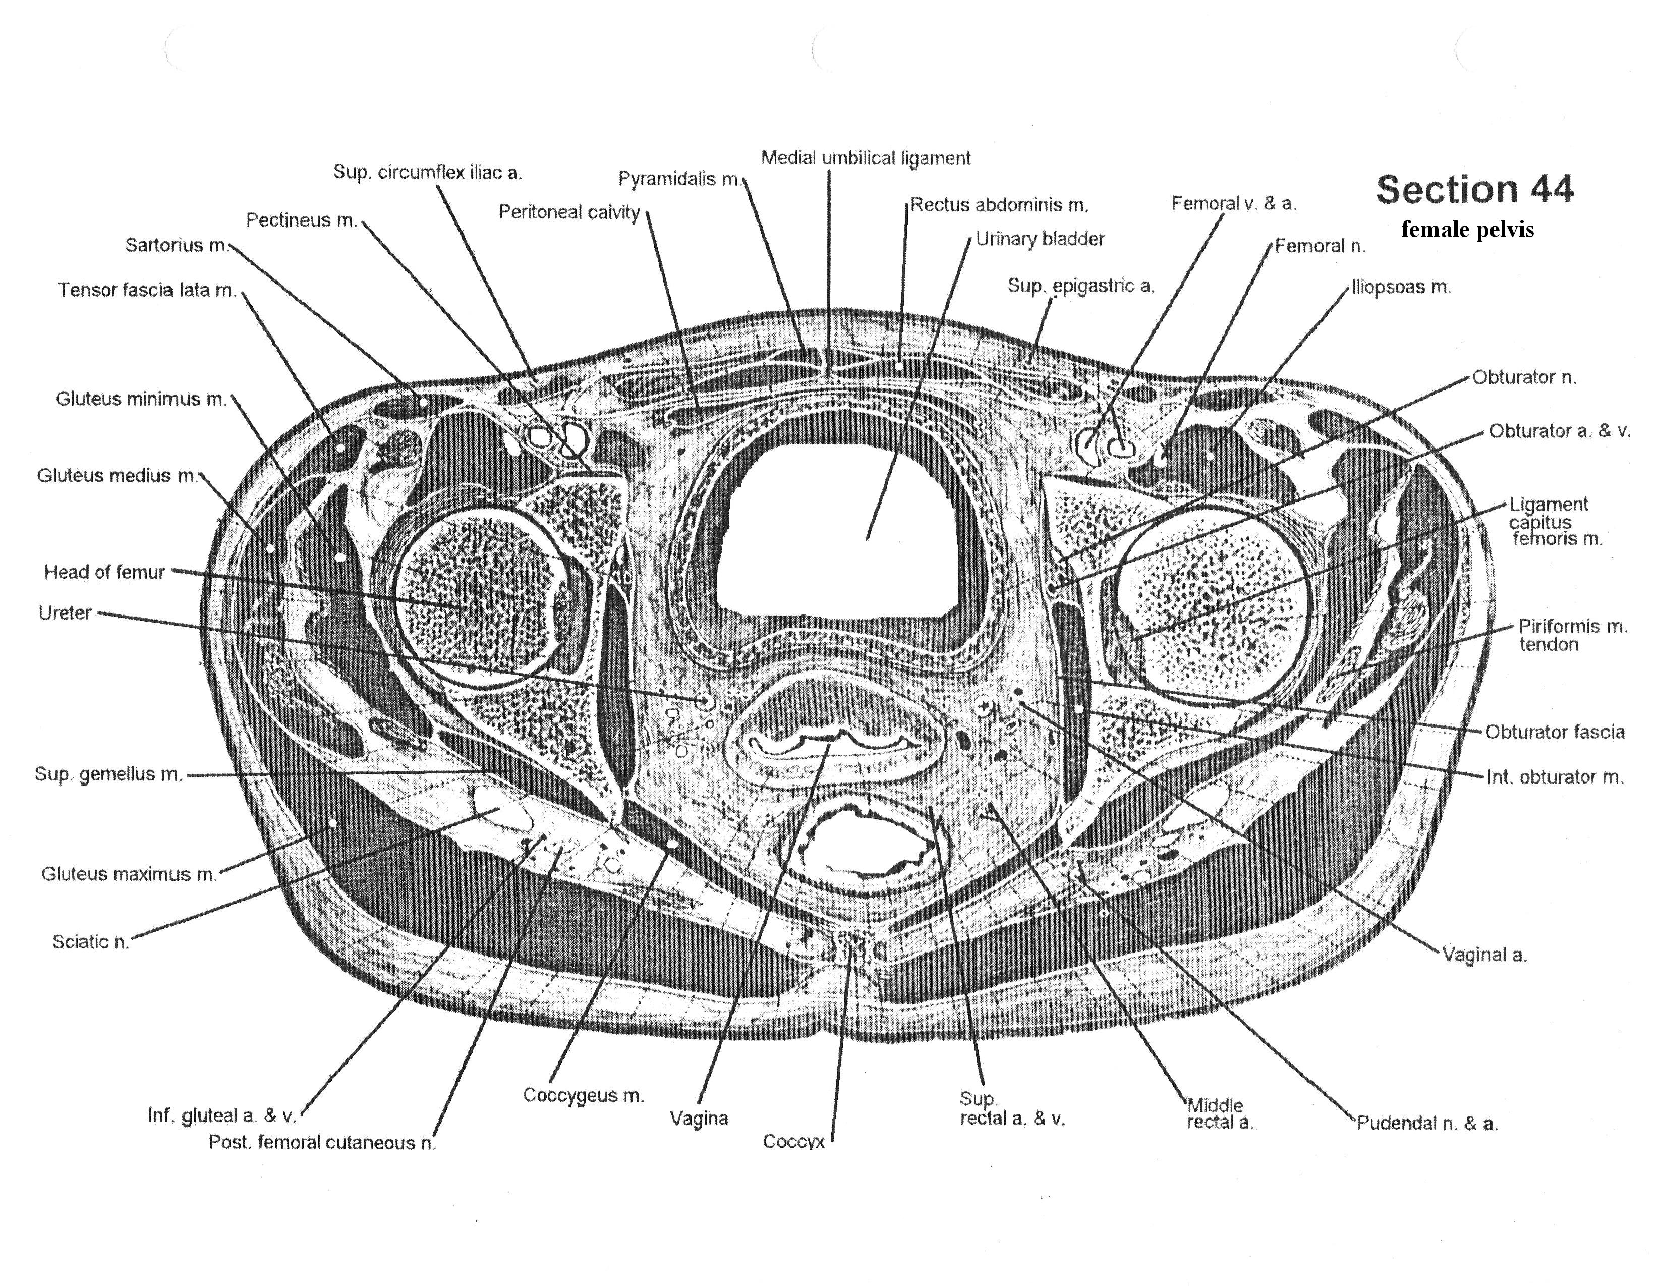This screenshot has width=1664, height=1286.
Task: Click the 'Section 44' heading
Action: click(1474, 189)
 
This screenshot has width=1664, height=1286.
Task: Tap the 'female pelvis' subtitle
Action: click(1467, 230)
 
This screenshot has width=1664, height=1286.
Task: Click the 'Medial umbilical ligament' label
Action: click(866, 158)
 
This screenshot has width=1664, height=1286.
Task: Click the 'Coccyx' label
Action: click(793, 1141)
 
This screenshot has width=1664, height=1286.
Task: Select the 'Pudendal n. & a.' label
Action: click(1427, 1123)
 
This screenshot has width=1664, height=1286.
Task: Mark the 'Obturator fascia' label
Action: click(1554, 732)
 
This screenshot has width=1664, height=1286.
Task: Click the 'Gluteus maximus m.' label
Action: click(129, 874)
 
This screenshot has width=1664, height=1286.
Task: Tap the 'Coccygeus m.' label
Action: click(583, 1095)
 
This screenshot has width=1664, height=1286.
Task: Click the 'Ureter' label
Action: click(65, 613)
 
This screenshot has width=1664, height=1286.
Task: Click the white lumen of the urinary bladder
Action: click(838, 526)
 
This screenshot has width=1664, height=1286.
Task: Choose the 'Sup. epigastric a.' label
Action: click(1080, 286)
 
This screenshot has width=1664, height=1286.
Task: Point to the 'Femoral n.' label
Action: click(1319, 246)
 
